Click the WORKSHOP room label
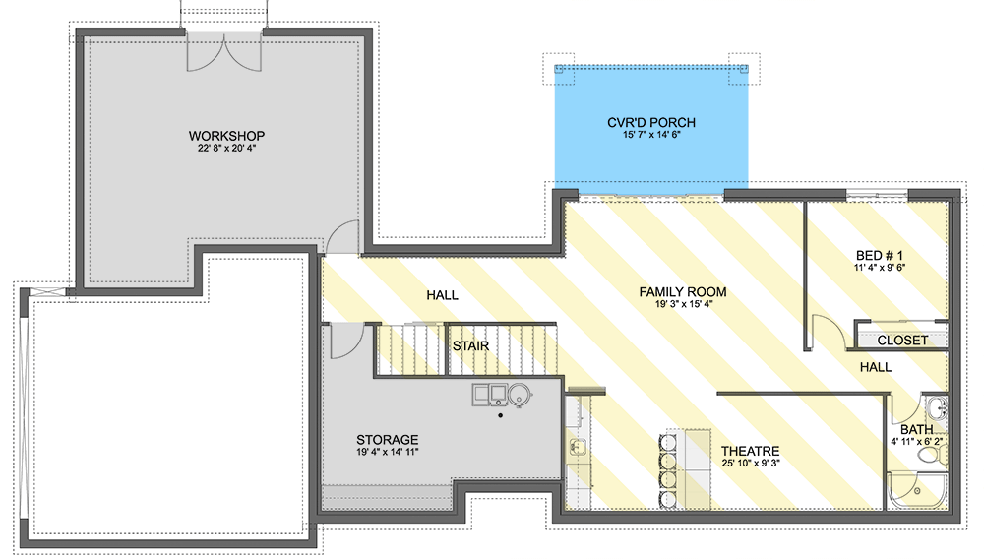click(227, 135)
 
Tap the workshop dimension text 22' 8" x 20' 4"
click(227, 150)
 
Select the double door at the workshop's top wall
click(225, 52)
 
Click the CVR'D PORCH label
click(650, 123)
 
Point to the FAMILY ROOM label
click(682, 292)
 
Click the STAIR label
click(470, 346)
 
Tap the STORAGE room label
click(387, 440)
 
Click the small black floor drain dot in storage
click(501, 416)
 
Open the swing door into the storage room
click(342, 342)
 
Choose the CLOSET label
click(901, 341)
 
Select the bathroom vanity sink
click(936, 407)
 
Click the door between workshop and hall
click(342, 239)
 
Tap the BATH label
click(916, 430)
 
